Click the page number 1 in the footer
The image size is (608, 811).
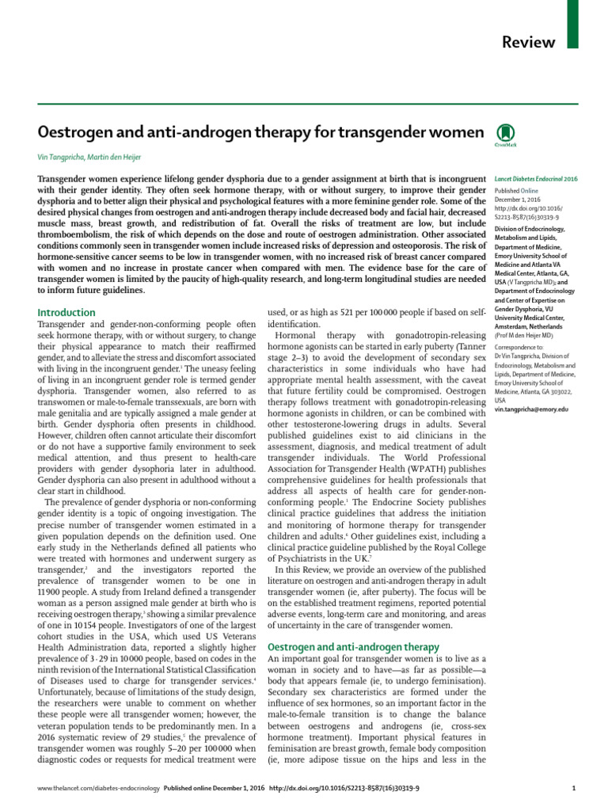(573, 789)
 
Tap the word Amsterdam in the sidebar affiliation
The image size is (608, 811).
(518, 326)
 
